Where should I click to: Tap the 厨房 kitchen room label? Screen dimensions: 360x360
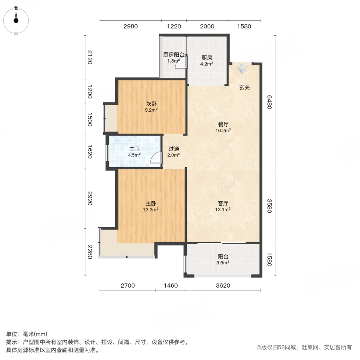tap(207, 57)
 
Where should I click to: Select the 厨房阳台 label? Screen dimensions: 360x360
tap(174, 56)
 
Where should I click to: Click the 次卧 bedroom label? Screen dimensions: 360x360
tap(151, 104)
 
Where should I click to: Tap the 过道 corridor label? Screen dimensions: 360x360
tap(174, 148)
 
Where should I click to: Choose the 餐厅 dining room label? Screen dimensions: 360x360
tap(223, 124)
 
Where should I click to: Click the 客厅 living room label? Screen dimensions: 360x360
tap(223, 203)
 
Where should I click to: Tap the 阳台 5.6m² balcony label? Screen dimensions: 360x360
tap(223, 257)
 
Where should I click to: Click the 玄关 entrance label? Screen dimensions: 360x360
tap(244, 88)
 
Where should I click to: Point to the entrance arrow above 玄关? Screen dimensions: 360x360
tap(241, 69)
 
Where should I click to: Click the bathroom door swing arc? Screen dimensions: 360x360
tap(154, 159)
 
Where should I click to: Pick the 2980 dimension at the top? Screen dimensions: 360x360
tap(130, 27)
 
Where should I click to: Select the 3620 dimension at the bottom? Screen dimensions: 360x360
tap(223, 286)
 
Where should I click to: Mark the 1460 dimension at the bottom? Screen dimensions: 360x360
tap(170, 286)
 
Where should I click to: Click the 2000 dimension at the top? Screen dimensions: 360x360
tap(207, 27)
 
